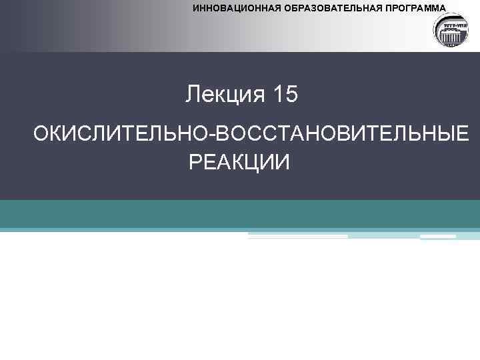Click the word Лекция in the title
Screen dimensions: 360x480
pyautogui.click(x=225, y=95)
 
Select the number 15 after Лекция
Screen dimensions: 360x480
pyautogui.click(x=285, y=95)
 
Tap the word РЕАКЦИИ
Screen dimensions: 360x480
pyautogui.click(x=239, y=161)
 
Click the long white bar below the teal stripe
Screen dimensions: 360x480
pyautogui.click(x=298, y=236)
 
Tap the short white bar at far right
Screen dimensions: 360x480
pyautogui.click(x=438, y=236)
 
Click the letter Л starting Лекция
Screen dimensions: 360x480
pyautogui.click(x=193, y=95)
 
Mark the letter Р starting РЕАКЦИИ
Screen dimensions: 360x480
pyautogui.click(x=195, y=161)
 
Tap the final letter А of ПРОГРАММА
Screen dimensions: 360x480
pyautogui.click(x=443, y=9)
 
